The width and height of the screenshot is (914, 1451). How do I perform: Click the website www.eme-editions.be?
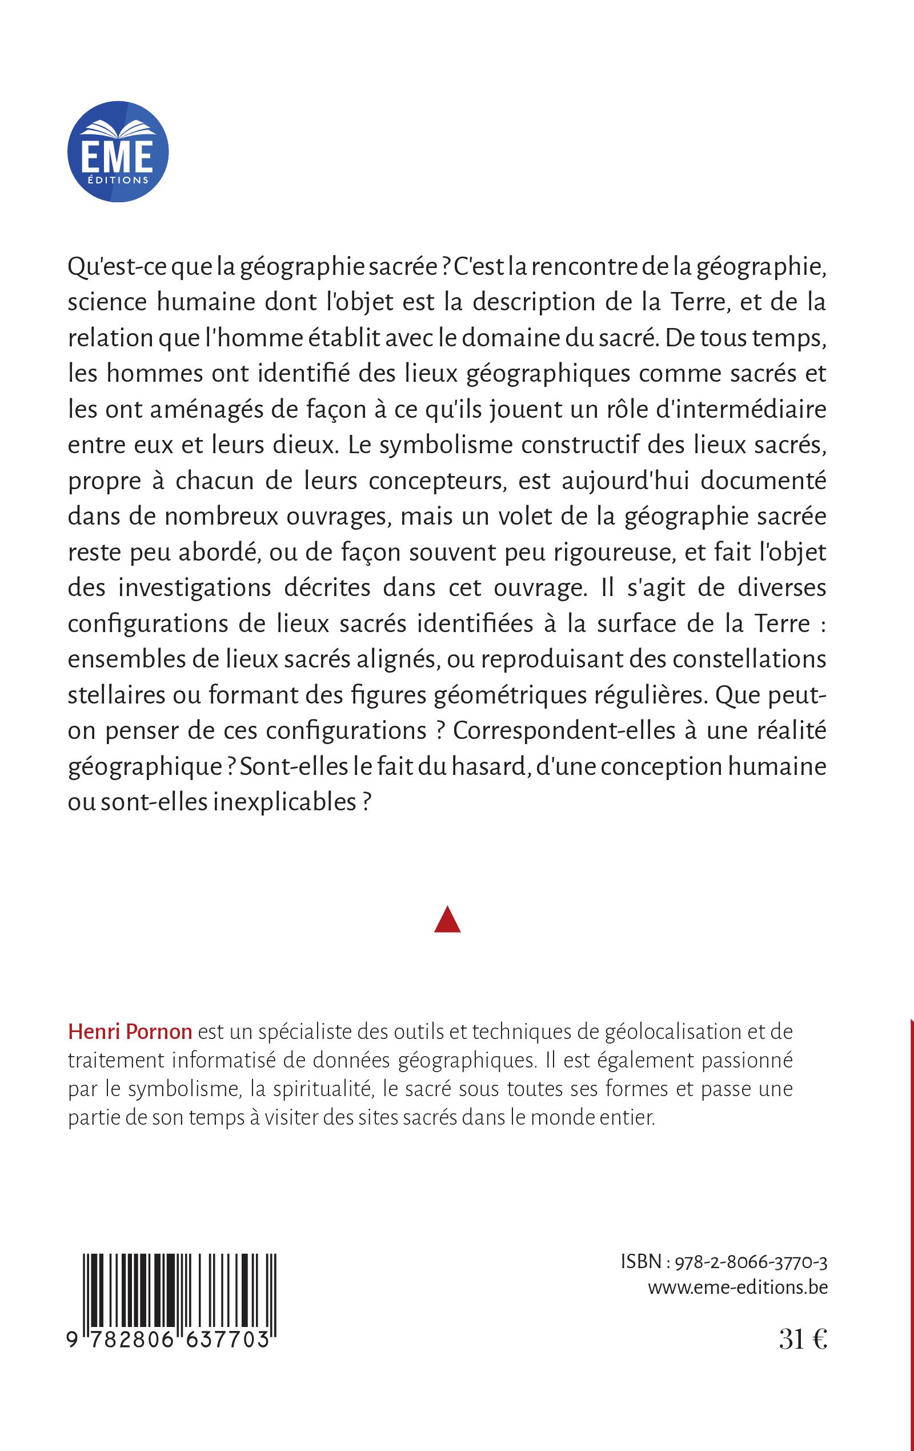737,1287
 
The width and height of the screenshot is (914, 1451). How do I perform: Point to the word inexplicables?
284,802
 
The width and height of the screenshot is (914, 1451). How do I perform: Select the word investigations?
195,588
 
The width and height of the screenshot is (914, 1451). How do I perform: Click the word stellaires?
117,695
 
